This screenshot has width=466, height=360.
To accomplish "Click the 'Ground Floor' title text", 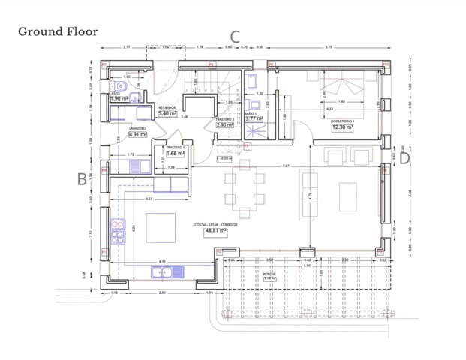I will (58, 31).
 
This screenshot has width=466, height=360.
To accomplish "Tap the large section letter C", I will (235, 35).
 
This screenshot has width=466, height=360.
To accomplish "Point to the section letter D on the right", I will (404, 157).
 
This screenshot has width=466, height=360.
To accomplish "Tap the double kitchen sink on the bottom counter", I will (162, 271).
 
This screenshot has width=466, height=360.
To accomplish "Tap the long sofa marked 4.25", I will (308, 193).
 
